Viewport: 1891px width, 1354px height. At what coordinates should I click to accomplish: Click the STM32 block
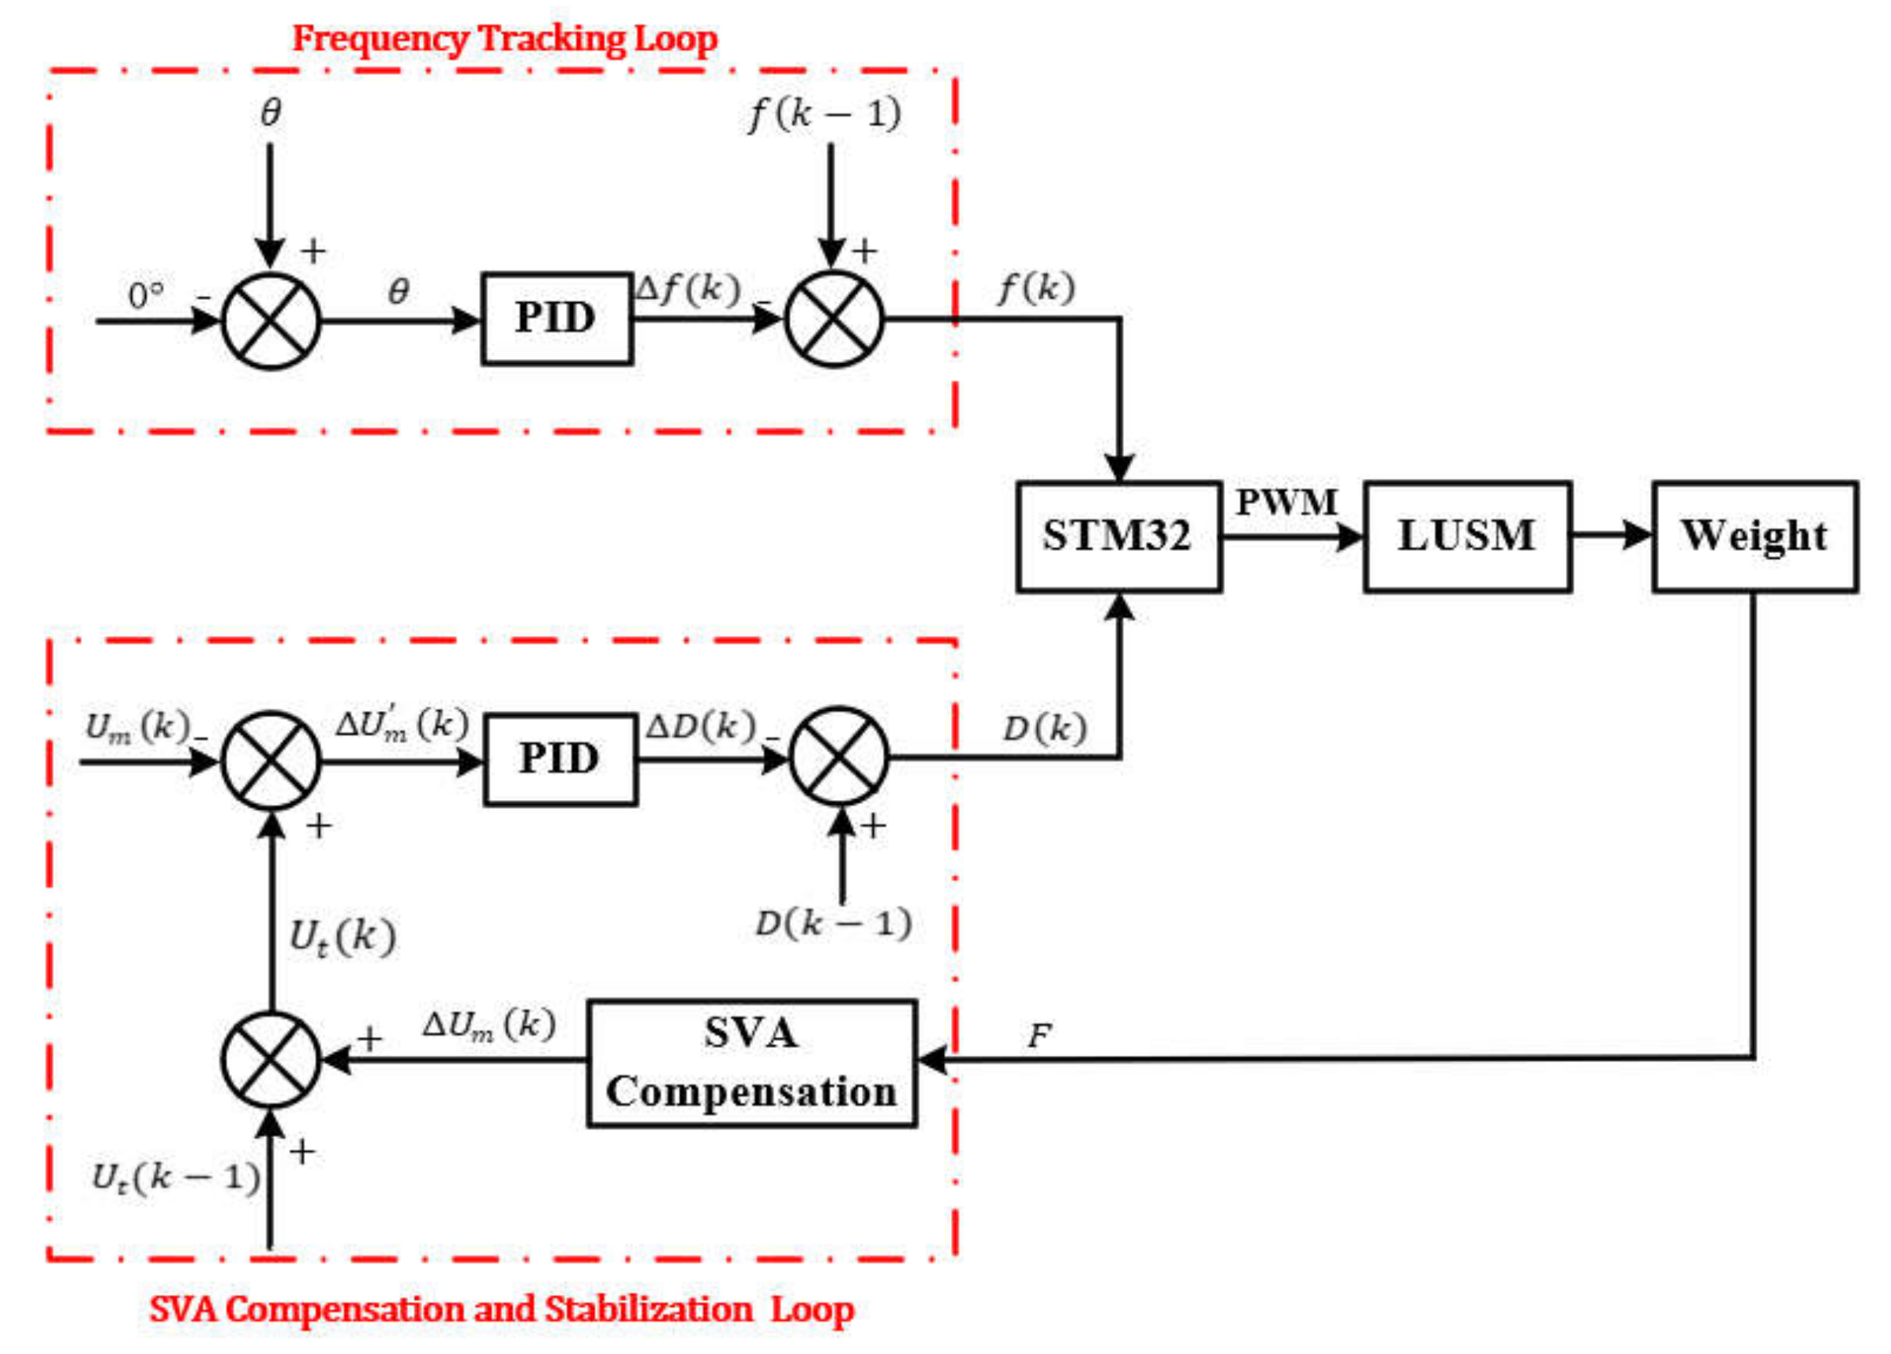click(x=1119, y=536)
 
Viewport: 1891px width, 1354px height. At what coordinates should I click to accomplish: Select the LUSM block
click(x=1467, y=536)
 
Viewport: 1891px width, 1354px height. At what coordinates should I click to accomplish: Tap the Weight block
click(x=1755, y=536)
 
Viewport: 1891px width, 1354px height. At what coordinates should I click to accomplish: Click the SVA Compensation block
click(x=752, y=1063)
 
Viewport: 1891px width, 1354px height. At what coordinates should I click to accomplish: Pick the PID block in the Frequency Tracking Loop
click(x=556, y=319)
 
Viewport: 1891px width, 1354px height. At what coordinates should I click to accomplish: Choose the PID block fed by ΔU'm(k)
click(x=560, y=760)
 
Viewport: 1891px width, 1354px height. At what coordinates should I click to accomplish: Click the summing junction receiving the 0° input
click(x=271, y=320)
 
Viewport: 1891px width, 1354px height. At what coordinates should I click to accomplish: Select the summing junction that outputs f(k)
click(x=833, y=319)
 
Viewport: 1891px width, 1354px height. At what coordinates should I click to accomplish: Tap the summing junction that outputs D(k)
click(x=839, y=757)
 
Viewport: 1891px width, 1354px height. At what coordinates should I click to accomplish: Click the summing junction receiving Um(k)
click(x=271, y=761)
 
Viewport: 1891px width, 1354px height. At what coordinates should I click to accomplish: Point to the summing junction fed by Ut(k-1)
click(x=271, y=1060)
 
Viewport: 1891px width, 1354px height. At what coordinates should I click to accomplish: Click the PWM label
click(x=1286, y=502)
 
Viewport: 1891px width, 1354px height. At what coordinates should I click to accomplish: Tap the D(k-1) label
click(x=833, y=924)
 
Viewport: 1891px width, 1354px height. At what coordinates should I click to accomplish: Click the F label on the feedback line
click(x=1039, y=1036)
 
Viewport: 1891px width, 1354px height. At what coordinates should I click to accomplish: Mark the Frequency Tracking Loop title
click(x=504, y=39)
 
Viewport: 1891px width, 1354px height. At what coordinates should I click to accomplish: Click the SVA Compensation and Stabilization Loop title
click(x=502, y=1309)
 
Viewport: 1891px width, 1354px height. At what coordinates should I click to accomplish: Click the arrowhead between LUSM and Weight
click(x=1636, y=536)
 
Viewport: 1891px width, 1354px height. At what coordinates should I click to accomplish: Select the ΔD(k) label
click(x=700, y=727)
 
